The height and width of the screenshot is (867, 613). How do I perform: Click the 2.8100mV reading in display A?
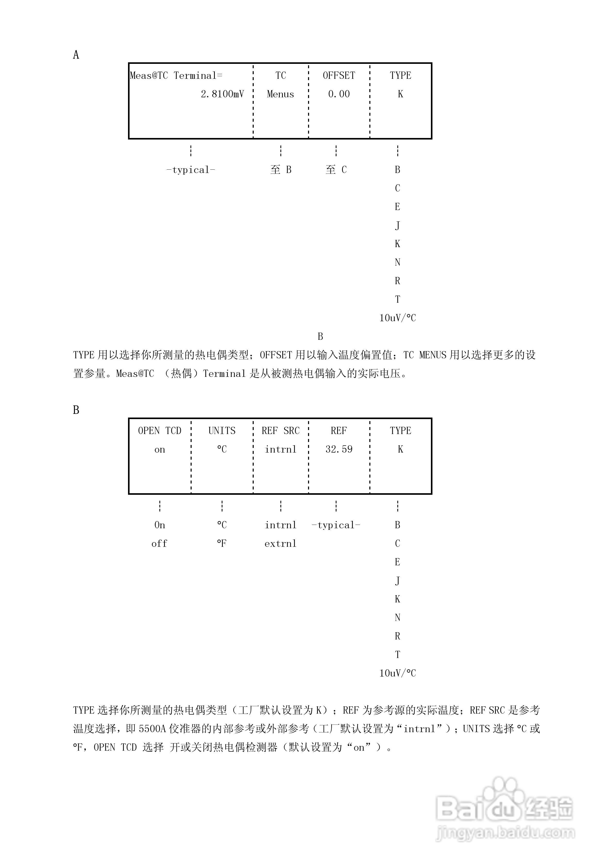coord(222,94)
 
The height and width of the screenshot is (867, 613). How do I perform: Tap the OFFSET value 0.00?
coord(339,94)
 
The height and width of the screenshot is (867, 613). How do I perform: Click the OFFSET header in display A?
coord(339,75)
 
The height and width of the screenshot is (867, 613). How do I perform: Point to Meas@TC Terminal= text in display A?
coord(176,75)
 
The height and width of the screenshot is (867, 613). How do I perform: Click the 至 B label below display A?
coord(280,170)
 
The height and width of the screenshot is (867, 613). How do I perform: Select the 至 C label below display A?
coord(336,170)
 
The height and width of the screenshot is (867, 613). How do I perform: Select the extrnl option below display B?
coord(280,544)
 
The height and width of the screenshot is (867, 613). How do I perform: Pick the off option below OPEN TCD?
coord(159,544)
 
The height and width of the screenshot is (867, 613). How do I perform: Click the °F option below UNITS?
coord(222,544)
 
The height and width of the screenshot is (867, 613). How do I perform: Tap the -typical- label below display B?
coord(336,525)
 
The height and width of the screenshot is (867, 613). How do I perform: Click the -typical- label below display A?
coord(191,170)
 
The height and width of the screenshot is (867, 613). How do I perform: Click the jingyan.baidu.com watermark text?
coord(505,832)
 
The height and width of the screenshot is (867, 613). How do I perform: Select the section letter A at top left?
coord(76,55)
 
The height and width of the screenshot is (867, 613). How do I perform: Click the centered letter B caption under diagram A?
coord(320,336)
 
